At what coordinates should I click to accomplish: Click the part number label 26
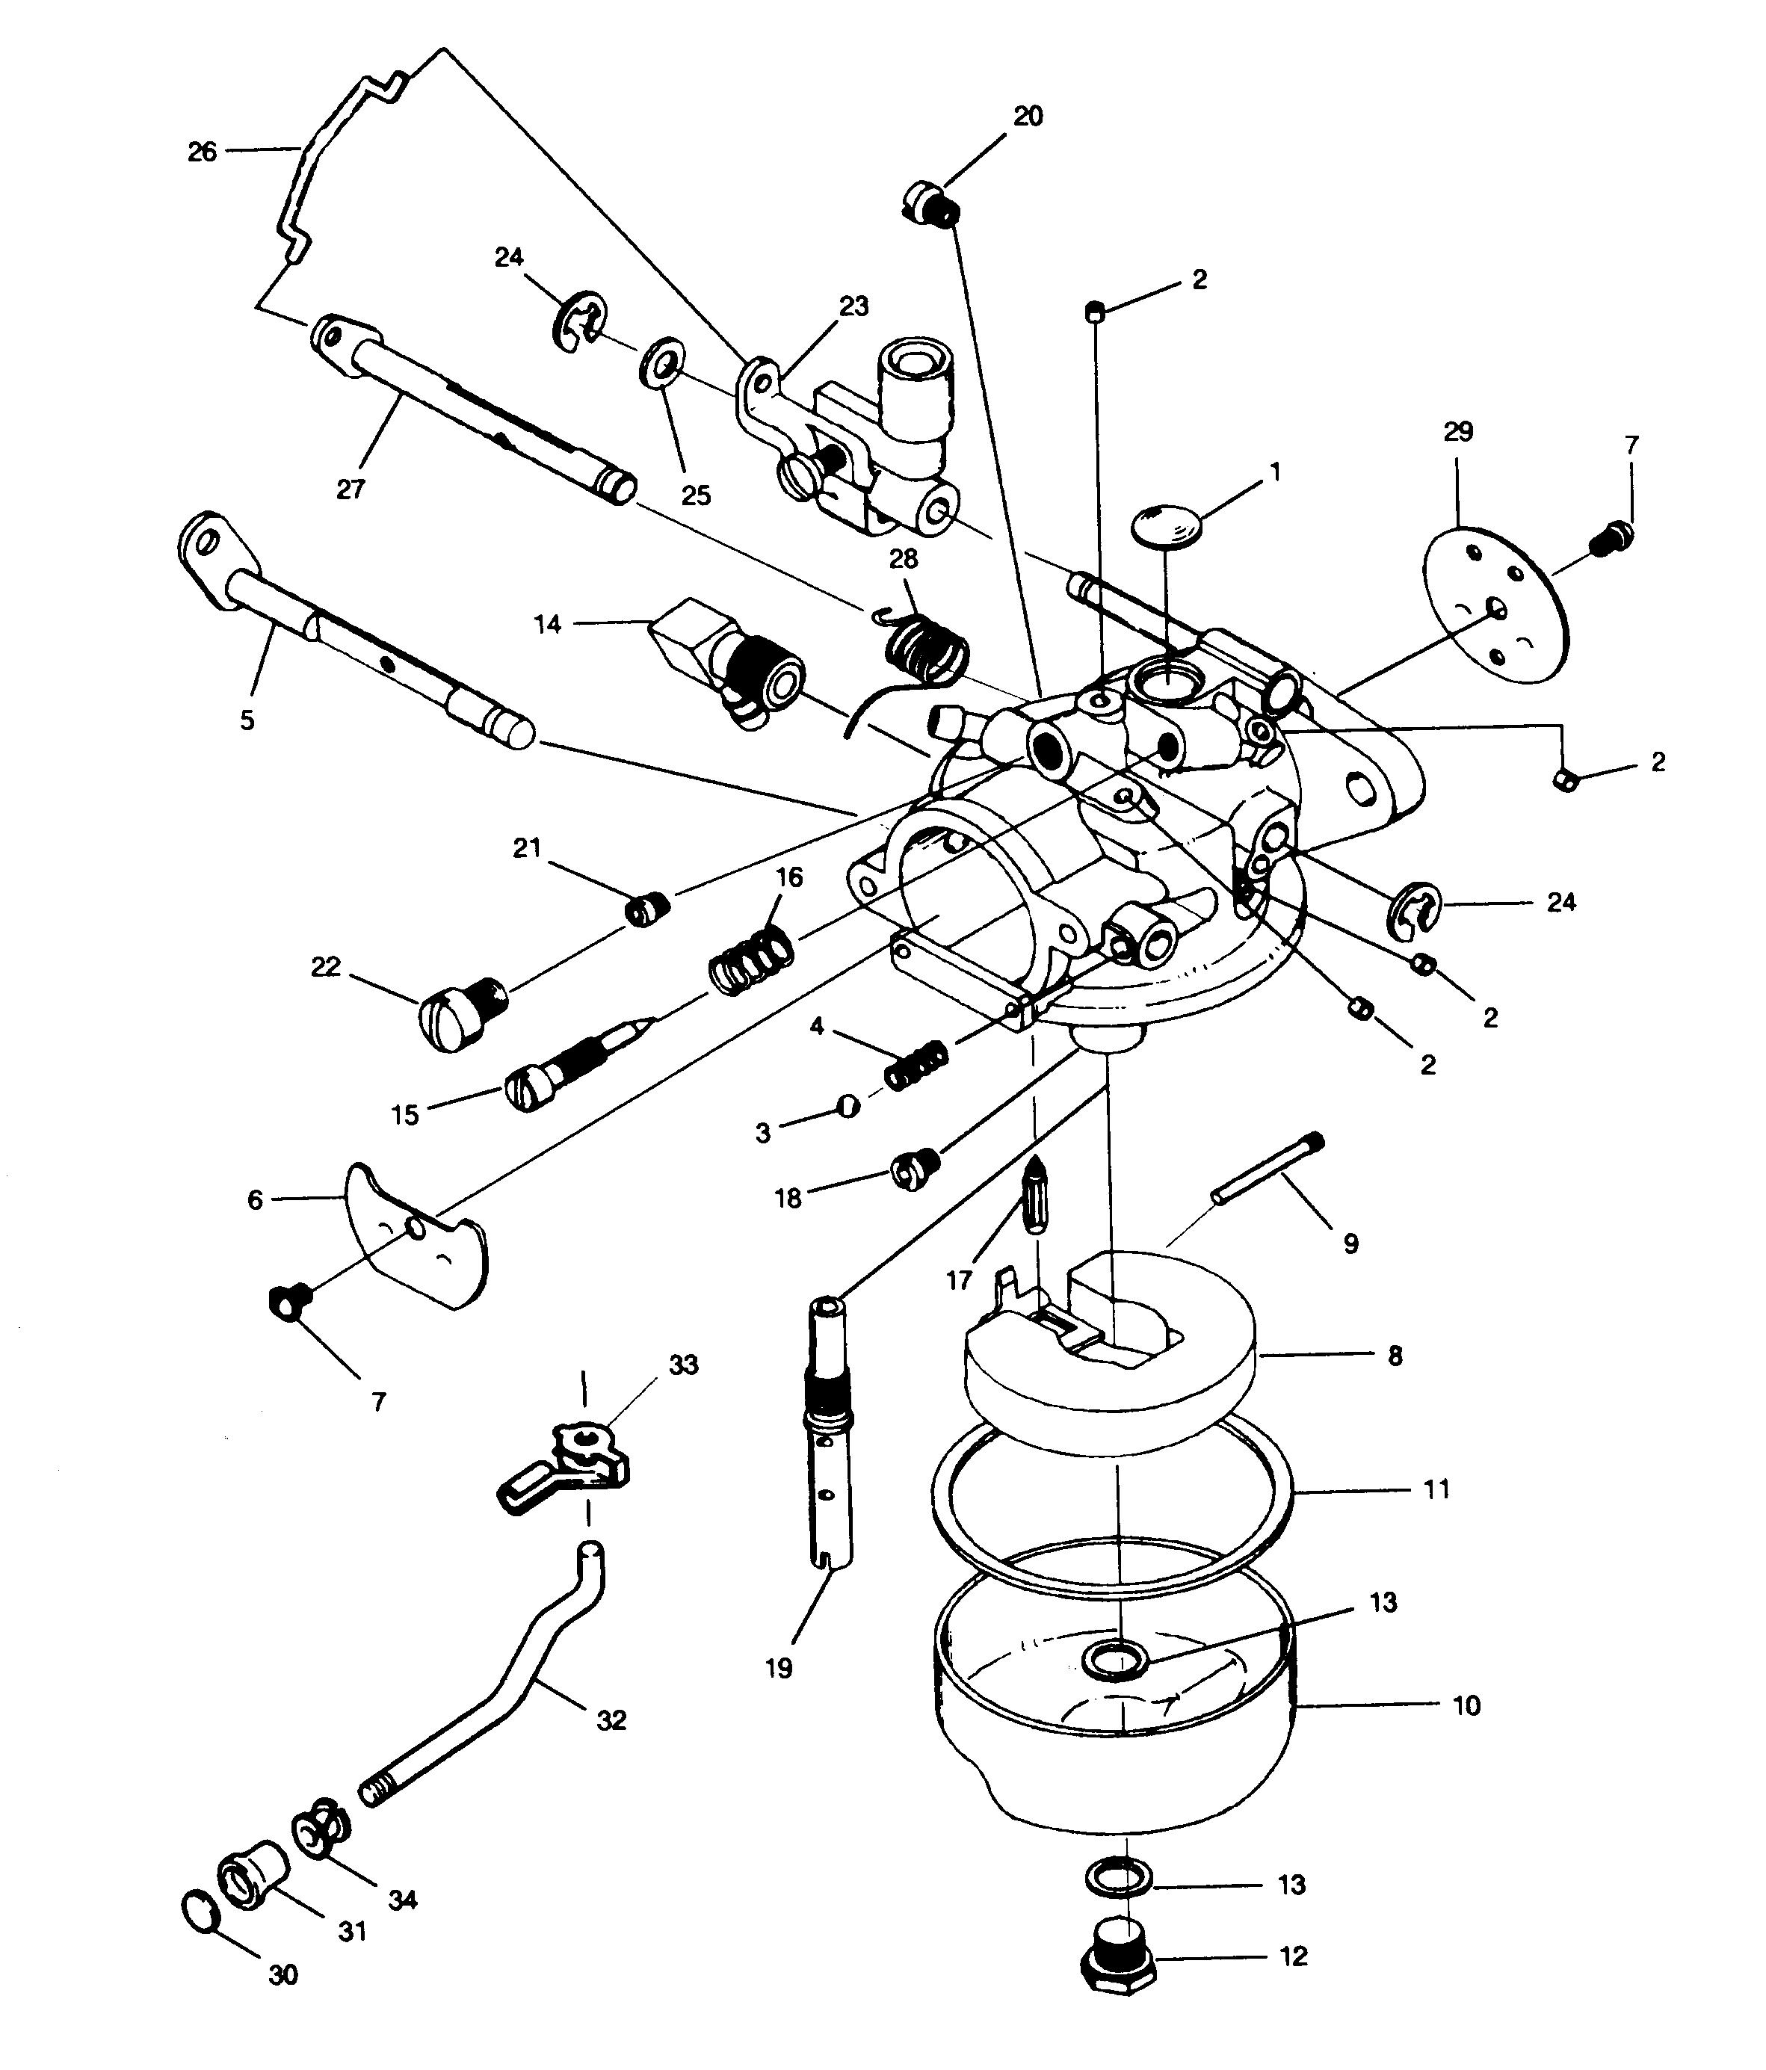coord(202,152)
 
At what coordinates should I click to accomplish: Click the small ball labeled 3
coord(848,1106)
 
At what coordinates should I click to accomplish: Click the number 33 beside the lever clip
coord(683,1365)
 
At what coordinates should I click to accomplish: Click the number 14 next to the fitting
coord(547,625)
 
